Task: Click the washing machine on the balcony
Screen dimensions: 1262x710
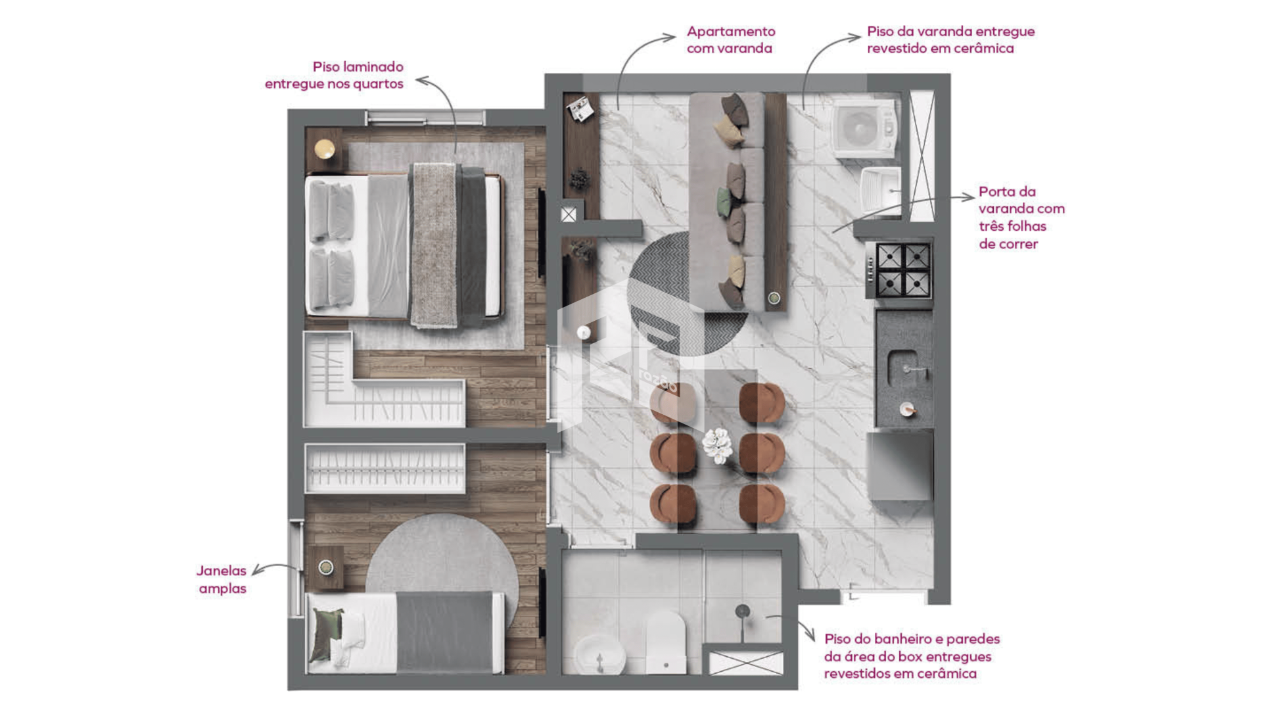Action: (x=864, y=128)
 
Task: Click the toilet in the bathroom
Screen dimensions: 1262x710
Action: (x=665, y=642)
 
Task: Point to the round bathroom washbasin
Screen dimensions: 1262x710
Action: (x=599, y=655)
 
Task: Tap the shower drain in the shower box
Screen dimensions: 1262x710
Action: (x=742, y=611)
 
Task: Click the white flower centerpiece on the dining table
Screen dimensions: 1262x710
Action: (x=717, y=446)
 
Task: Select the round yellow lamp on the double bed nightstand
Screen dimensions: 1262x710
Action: (x=325, y=149)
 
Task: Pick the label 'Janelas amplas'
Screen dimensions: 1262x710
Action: (x=222, y=579)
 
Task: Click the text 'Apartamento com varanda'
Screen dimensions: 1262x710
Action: (x=731, y=39)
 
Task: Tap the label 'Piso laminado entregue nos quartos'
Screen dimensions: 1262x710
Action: (x=335, y=75)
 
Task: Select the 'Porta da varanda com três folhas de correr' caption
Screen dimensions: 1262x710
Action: (x=1021, y=218)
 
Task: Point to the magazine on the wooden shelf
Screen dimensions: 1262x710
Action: (x=580, y=109)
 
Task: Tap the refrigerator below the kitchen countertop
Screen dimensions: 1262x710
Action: (x=900, y=465)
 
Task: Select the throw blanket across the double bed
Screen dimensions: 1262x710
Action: (x=434, y=245)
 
